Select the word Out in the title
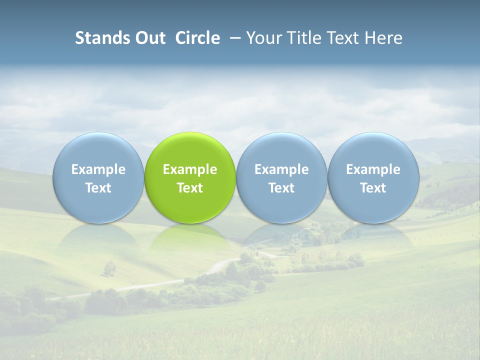click(148, 38)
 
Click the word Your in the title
click(263, 38)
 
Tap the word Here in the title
click(384, 38)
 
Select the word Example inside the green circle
click(190, 169)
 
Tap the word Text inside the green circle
click(190, 188)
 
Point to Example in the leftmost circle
click(98, 169)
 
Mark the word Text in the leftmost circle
click(98, 188)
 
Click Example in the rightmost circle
click(373, 169)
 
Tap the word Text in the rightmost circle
click(373, 188)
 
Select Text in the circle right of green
click(281, 188)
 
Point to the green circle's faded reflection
click(190, 237)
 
